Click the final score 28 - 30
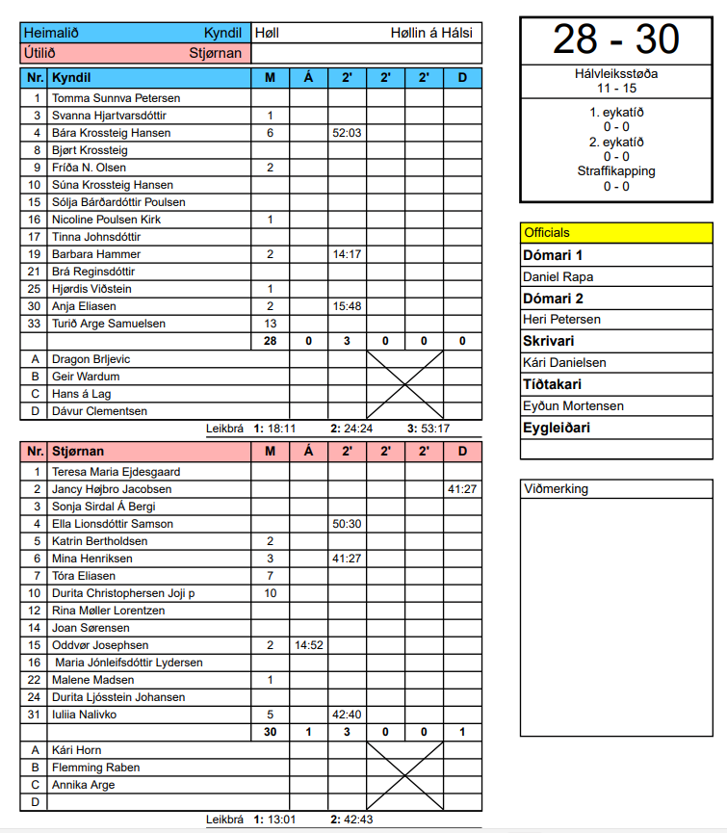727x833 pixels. (615, 39)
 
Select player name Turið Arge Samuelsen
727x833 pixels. (109, 324)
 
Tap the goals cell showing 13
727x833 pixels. (271, 324)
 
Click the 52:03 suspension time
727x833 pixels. (347, 133)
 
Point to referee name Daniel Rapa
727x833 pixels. (558, 277)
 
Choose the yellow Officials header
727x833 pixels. (616, 232)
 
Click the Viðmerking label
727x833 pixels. (556, 489)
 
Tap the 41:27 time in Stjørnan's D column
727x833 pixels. (462, 489)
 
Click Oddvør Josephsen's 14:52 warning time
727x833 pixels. (308, 645)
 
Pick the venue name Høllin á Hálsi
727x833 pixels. (431, 33)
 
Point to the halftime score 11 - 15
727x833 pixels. (615, 88)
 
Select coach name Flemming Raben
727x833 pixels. (95, 768)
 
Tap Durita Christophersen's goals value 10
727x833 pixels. (271, 593)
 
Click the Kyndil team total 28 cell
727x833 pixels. (271, 341)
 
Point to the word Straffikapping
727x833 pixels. (616, 171)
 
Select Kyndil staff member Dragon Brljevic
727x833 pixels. (91, 359)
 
